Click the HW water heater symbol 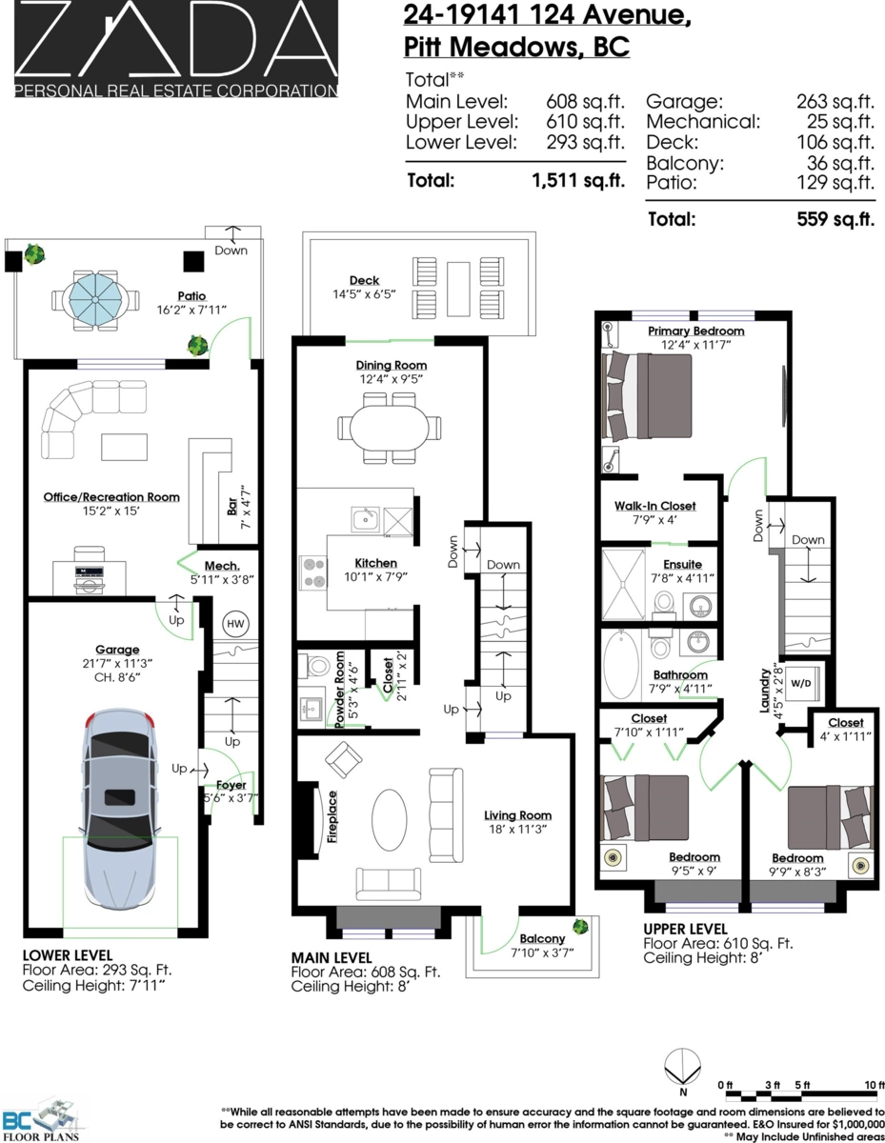(x=234, y=624)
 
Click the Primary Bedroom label (x=695, y=331)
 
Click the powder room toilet (x=316, y=665)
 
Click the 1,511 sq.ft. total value (x=578, y=180)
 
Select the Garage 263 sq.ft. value (x=835, y=101)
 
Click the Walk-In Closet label (x=656, y=506)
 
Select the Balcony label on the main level (x=541, y=938)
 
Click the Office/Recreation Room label (x=111, y=496)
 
